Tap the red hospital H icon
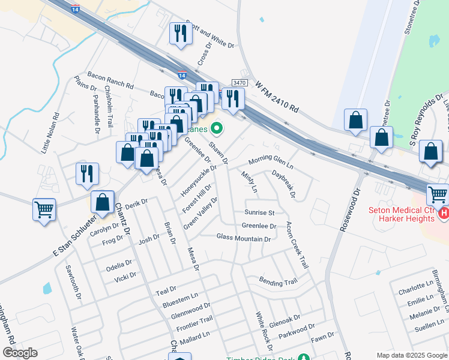pos(444,213)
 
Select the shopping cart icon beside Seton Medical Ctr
pos(438,194)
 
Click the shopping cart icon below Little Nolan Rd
pos(44,210)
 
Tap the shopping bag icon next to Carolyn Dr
pos(103,202)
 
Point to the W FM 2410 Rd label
pos(277,98)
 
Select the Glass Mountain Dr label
pos(244,239)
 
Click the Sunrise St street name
pos(259,212)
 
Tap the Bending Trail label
pos(278,281)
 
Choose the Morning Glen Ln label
pos(271,161)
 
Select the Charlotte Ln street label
pos(414,289)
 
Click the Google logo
pos(20,353)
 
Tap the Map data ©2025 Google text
pos(411,355)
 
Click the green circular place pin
pos(217,128)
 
